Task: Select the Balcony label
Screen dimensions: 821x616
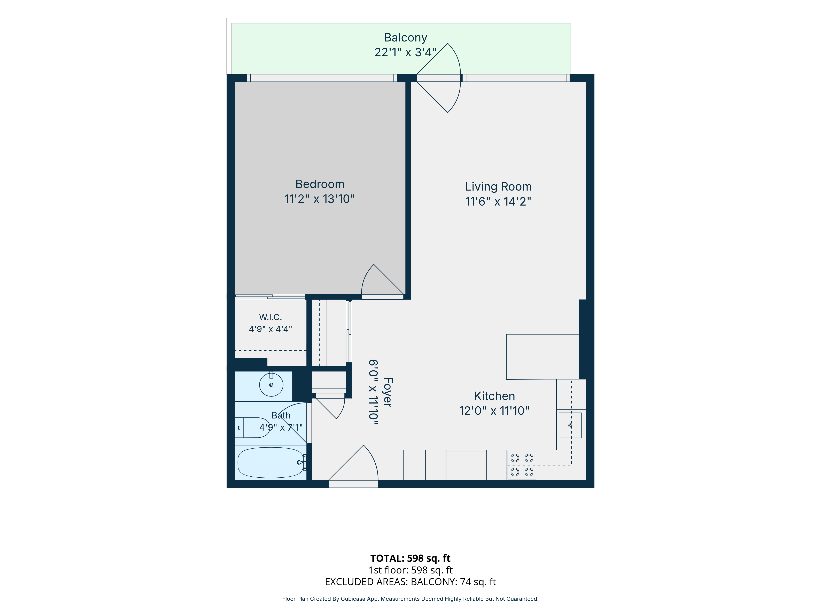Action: pos(406,38)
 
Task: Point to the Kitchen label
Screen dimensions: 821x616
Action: pos(494,396)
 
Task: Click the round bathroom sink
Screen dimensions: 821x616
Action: pos(271,385)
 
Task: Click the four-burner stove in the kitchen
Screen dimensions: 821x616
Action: pos(522,465)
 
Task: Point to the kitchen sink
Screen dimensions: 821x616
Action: pos(570,425)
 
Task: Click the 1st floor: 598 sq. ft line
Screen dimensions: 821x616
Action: pos(410,570)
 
